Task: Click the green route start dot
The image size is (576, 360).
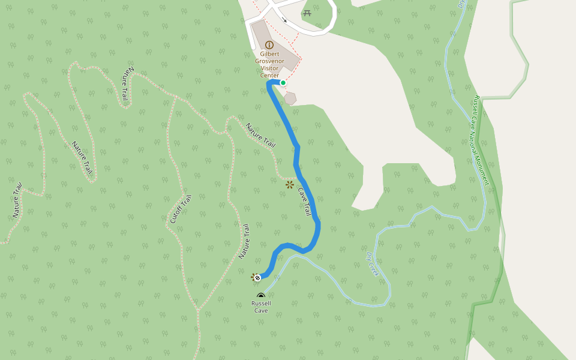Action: [x=283, y=83]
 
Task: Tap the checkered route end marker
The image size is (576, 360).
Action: [x=257, y=277]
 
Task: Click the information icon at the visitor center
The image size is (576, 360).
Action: [x=269, y=45]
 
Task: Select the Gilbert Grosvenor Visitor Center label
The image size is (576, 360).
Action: [x=269, y=65]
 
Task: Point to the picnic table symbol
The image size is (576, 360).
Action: [x=307, y=13]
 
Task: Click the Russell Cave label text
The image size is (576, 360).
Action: [x=261, y=307]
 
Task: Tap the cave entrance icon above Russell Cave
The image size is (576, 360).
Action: [x=261, y=296]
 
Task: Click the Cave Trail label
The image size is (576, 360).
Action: [x=305, y=202]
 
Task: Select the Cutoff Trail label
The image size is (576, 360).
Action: [x=181, y=209]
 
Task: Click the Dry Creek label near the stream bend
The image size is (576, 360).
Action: [x=373, y=264]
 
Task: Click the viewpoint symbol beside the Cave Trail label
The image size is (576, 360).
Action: [x=290, y=185]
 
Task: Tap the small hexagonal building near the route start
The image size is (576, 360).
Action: [x=290, y=98]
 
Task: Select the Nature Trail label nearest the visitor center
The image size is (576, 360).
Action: [x=260, y=136]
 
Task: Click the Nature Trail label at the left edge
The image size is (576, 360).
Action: [x=16, y=200]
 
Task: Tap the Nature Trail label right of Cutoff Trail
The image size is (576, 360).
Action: [x=244, y=241]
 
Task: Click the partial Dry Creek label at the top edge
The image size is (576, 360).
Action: [x=461, y=4]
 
